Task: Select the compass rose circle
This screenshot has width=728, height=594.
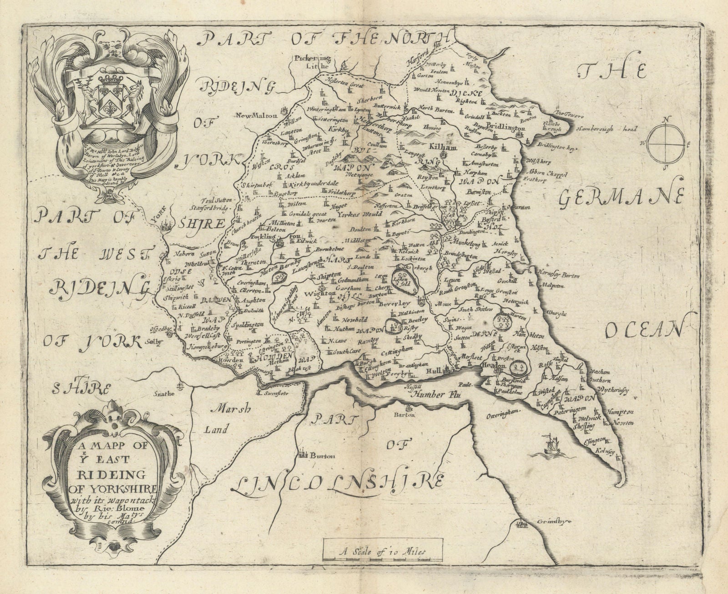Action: click(x=666, y=142)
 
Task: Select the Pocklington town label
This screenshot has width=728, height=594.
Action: click(x=270, y=238)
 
